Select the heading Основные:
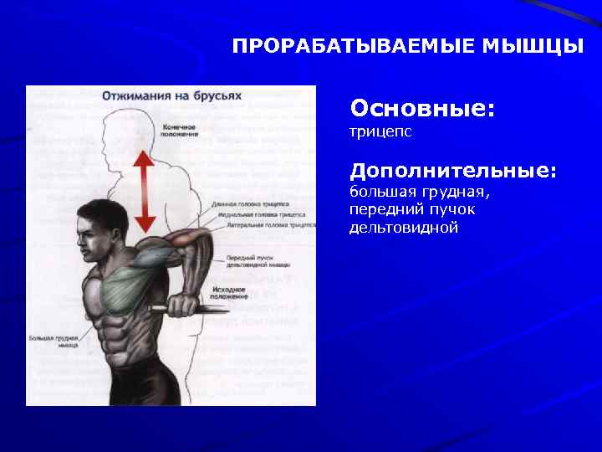coord(422,109)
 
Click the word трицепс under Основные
coord(380,132)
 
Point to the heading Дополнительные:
coord(452,171)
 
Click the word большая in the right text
coord(381,193)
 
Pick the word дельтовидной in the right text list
coord(404,228)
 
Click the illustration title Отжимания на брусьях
coord(171,95)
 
